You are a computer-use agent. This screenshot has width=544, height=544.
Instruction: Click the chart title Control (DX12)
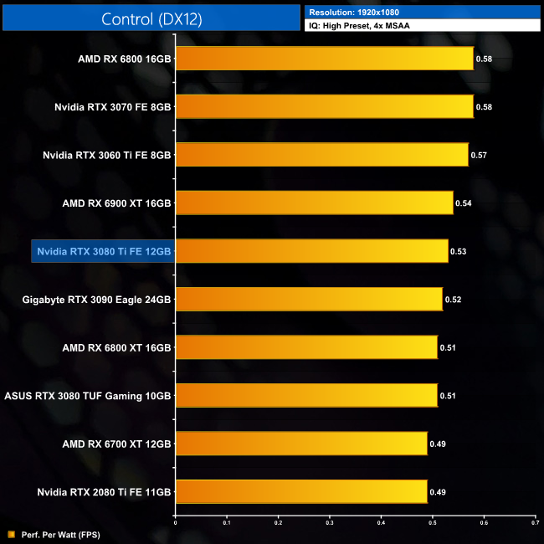click(x=151, y=19)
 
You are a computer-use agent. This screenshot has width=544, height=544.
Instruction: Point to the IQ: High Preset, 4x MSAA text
click(x=363, y=26)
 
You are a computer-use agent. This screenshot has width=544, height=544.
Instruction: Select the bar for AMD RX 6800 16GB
click(x=324, y=59)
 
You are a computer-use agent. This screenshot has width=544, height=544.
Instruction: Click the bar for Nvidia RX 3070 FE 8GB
click(x=324, y=106)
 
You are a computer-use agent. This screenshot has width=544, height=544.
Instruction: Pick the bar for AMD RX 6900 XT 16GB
click(x=314, y=203)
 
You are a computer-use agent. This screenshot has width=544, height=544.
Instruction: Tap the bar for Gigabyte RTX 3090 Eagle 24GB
click(x=308, y=299)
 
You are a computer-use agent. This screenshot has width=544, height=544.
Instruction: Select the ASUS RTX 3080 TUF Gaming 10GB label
click(x=88, y=395)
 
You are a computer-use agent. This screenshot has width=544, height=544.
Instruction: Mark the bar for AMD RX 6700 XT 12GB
click(x=300, y=443)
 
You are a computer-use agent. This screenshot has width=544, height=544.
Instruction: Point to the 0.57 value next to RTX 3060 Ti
click(x=479, y=155)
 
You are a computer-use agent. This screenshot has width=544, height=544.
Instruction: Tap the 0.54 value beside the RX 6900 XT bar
click(x=463, y=203)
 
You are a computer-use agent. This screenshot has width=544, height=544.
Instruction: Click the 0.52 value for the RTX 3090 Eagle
click(x=453, y=299)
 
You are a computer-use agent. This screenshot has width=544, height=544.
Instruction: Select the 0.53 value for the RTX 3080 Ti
click(x=458, y=251)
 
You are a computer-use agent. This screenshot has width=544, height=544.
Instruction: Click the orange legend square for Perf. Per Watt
click(x=11, y=533)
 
